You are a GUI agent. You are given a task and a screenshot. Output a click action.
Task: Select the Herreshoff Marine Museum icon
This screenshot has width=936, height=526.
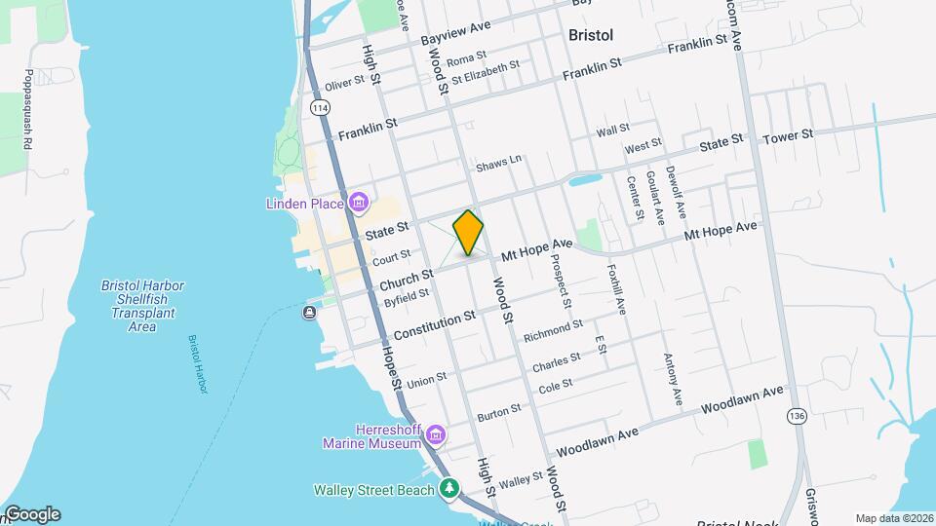(435, 433)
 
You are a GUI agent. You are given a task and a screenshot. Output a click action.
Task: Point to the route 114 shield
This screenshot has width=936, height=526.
(320, 105)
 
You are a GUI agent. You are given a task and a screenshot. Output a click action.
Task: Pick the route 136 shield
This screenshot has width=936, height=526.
(798, 416)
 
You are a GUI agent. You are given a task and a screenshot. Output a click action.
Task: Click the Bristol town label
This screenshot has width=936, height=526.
(591, 35)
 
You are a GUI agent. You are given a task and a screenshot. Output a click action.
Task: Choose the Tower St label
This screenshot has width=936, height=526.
(788, 135)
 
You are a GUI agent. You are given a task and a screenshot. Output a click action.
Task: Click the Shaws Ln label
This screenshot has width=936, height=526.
(499, 164)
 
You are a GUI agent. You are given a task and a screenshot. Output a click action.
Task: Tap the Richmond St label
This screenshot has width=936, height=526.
(552, 331)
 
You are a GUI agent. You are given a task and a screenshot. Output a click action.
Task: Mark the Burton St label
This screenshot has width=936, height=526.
(498, 414)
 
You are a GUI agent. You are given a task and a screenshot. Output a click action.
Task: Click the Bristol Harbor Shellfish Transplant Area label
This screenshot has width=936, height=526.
(142, 306)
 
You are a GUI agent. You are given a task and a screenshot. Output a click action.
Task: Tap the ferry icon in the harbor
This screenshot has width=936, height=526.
(309, 312)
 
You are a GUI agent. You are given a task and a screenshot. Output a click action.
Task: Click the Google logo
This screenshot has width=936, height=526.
(32, 514)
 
